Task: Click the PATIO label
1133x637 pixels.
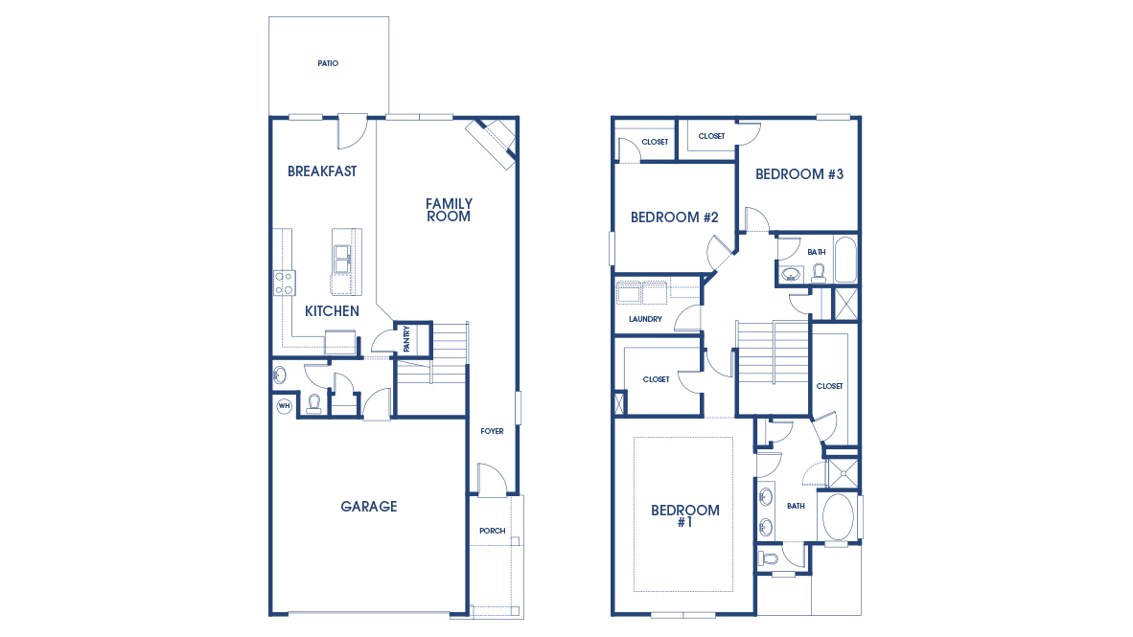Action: point(328,64)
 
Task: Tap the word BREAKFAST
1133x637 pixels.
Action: point(322,171)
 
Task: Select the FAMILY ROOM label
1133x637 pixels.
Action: point(449,210)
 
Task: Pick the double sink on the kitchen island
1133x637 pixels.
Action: point(342,259)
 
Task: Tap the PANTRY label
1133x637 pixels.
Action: point(407,339)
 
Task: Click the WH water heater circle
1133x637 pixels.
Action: point(284,406)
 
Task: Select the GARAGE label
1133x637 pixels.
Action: point(369,507)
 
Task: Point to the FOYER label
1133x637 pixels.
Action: point(492,432)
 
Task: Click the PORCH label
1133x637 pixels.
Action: point(492,531)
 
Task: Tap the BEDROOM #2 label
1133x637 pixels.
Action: point(675,217)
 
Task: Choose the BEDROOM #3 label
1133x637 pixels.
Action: point(799,174)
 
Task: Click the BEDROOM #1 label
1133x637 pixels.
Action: point(684,516)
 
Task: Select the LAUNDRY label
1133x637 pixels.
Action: point(645,319)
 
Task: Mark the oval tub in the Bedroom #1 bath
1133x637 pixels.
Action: point(838,516)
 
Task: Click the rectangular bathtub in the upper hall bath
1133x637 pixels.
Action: point(844,260)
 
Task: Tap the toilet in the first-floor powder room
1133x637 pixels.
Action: point(313,404)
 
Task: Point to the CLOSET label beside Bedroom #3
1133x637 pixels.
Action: point(711,137)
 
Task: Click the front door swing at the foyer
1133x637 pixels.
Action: point(490,480)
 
